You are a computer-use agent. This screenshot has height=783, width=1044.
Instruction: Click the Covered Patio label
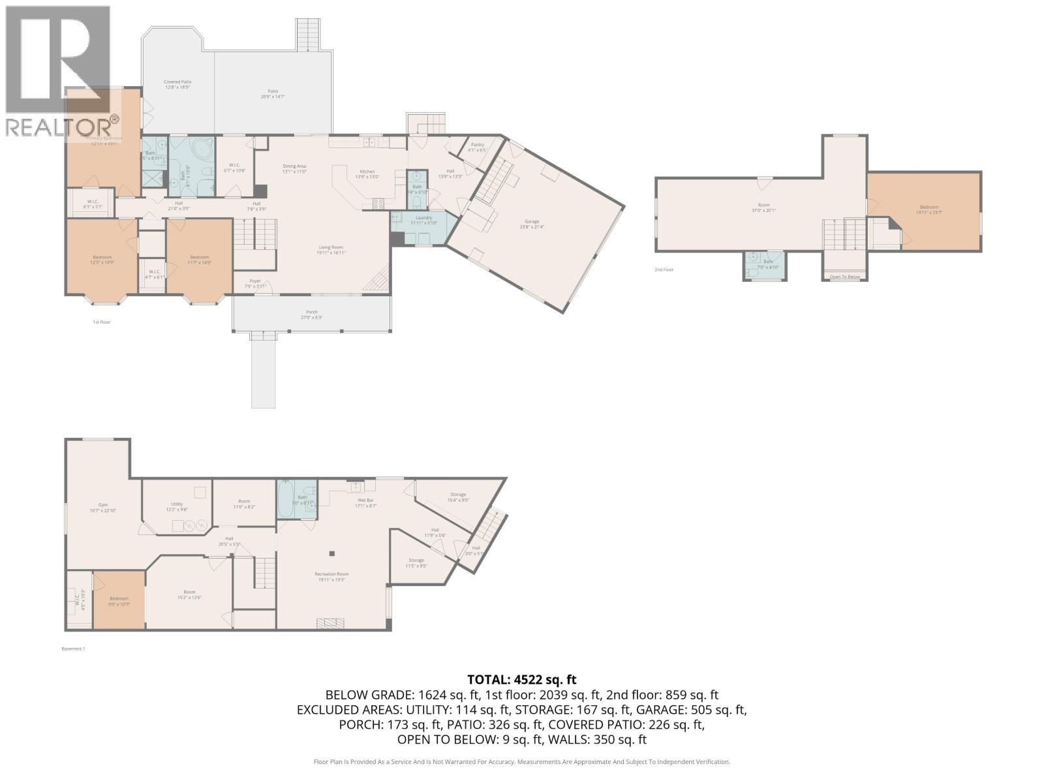tap(177, 82)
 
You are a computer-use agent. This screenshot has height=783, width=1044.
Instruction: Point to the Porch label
tap(312, 312)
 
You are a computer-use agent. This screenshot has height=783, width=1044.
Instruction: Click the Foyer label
tap(255, 281)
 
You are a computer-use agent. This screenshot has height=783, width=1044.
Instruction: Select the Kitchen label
tap(367, 172)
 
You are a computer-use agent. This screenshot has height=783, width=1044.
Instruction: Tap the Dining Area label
tap(294, 166)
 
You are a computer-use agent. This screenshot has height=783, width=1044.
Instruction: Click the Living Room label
tap(331, 247)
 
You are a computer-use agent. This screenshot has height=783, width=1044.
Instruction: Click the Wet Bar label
tap(365, 500)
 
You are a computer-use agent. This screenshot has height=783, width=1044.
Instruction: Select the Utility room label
tap(177, 504)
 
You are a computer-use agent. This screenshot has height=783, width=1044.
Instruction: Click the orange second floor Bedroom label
tap(929, 207)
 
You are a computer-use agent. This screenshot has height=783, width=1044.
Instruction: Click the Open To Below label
tap(844, 277)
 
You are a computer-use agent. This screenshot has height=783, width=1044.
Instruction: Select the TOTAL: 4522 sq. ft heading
tap(521, 680)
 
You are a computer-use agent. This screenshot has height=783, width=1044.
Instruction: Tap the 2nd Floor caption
tap(664, 269)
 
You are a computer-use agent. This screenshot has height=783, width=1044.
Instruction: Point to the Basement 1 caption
tap(73, 649)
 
